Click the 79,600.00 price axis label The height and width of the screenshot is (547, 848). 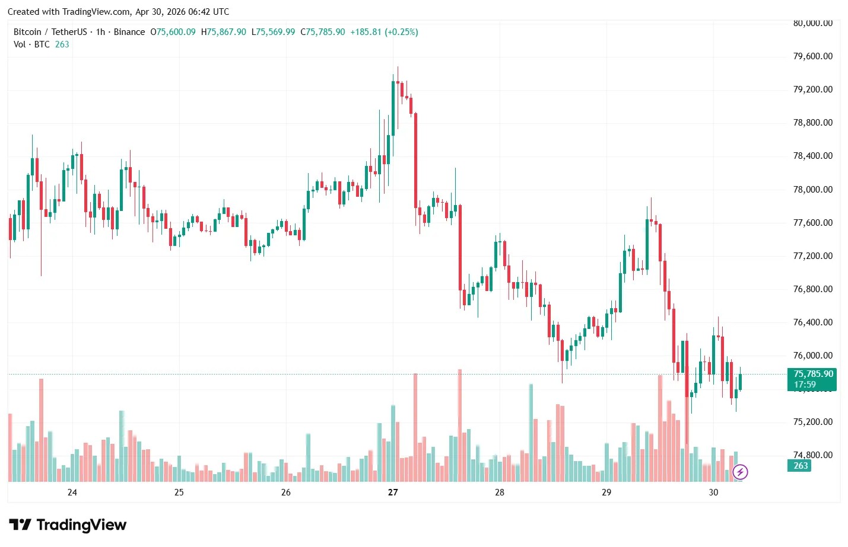click(x=812, y=56)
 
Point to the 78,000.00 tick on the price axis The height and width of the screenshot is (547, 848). click(x=812, y=190)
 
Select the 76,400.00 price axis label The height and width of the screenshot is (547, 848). click(x=812, y=322)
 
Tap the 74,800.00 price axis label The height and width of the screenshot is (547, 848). click(x=812, y=455)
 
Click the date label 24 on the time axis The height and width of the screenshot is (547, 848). click(x=72, y=492)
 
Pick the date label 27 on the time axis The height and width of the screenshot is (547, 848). click(x=392, y=492)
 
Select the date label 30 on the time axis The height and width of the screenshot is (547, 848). click(x=713, y=492)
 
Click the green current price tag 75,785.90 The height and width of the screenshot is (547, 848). click(x=812, y=374)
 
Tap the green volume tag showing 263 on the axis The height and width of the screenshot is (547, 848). click(x=801, y=466)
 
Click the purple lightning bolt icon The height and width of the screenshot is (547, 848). click(x=740, y=472)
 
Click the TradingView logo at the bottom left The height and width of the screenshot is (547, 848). click(x=68, y=525)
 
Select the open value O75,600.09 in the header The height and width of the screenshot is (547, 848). click(x=173, y=32)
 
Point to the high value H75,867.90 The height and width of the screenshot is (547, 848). click(x=223, y=32)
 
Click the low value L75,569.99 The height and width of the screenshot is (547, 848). click(x=273, y=32)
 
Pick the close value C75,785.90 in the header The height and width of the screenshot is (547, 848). click(x=323, y=32)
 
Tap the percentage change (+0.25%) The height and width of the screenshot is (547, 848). click(x=402, y=32)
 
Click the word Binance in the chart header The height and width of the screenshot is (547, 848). click(x=129, y=32)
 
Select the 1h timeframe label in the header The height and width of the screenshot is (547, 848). click(x=100, y=32)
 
